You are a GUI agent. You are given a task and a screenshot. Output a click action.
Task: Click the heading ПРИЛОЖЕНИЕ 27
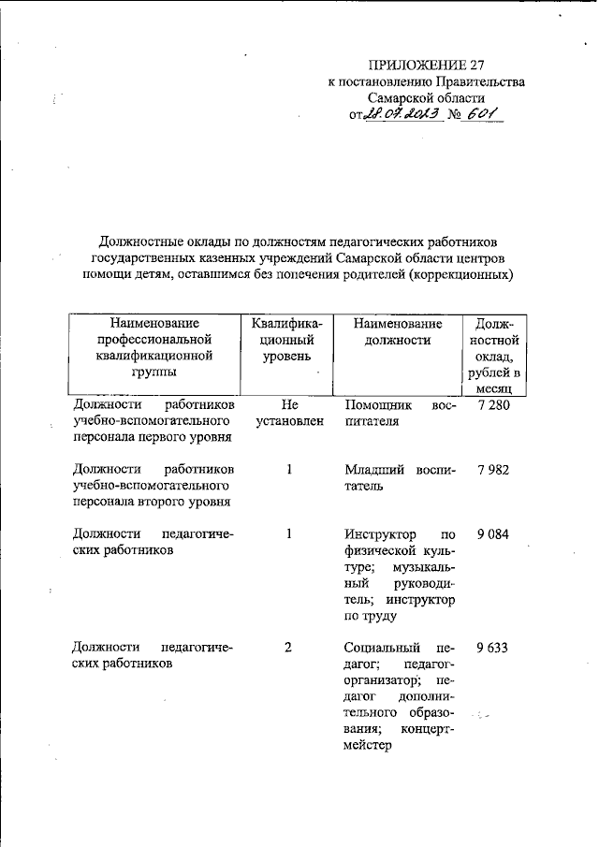pyautogui.click(x=425, y=65)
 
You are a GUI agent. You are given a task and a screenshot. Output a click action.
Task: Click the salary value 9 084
pyautogui.click(x=492, y=533)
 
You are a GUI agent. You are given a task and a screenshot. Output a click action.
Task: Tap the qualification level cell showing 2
pyautogui.click(x=288, y=647)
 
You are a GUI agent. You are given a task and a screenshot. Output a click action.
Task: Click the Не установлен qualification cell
pyautogui.click(x=288, y=414)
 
